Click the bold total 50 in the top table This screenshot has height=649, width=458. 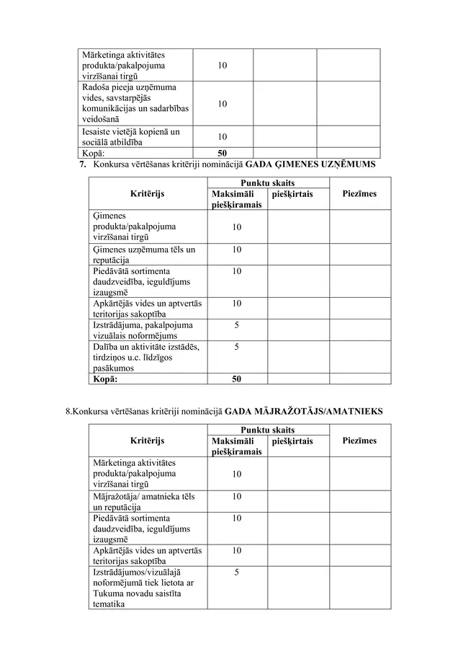(223, 154)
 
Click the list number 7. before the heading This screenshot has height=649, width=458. (82, 164)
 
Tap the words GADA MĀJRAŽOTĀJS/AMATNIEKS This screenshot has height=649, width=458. (304, 412)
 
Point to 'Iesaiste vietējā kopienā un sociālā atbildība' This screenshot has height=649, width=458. (131, 137)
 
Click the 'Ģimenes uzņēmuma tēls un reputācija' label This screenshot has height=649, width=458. (144, 255)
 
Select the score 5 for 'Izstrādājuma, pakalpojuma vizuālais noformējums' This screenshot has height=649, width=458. (237, 325)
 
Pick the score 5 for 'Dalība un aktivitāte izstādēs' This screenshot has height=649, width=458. (237, 347)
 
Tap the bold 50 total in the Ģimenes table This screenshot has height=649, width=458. (237, 379)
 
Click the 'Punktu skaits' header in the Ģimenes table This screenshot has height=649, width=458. (268, 183)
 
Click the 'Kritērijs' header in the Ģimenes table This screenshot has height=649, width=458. (148, 194)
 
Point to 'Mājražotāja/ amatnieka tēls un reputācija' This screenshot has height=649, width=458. (144, 502)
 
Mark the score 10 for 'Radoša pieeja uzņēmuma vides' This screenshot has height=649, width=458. (223, 104)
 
